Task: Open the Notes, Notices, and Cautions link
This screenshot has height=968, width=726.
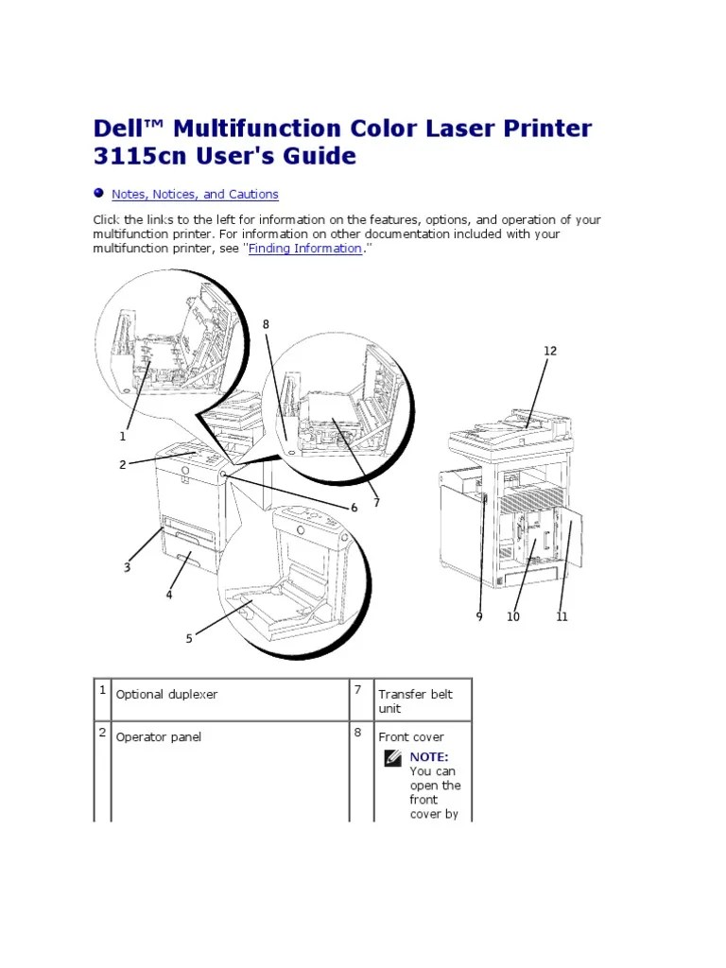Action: click(195, 195)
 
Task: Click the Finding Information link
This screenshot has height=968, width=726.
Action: click(305, 249)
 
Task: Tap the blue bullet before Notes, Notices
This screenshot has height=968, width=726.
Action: click(98, 193)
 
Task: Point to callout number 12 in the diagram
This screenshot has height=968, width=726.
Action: click(550, 351)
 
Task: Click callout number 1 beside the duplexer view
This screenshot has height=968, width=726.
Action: click(122, 436)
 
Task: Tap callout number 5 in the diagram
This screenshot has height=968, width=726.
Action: click(189, 638)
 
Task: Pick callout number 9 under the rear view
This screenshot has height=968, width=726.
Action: click(479, 616)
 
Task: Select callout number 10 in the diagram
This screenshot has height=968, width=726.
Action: click(513, 616)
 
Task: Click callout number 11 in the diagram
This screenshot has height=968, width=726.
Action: click(562, 616)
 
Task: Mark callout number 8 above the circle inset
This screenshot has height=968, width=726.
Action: click(266, 324)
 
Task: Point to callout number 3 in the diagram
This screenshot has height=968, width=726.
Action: click(128, 567)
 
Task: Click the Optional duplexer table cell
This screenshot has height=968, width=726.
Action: click(166, 695)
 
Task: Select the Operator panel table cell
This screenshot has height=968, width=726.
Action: click(159, 737)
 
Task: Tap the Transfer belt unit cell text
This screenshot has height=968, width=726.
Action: click(416, 701)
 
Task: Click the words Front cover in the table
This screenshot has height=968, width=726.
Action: click(411, 737)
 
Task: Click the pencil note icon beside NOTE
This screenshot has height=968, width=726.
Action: click(392, 758)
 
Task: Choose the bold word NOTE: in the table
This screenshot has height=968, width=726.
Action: click(429, 757)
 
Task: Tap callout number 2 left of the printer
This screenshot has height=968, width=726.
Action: click(122, 464)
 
